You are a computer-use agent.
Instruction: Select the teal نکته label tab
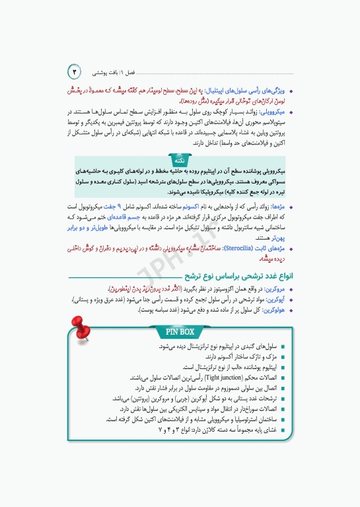(x=179, y=160)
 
